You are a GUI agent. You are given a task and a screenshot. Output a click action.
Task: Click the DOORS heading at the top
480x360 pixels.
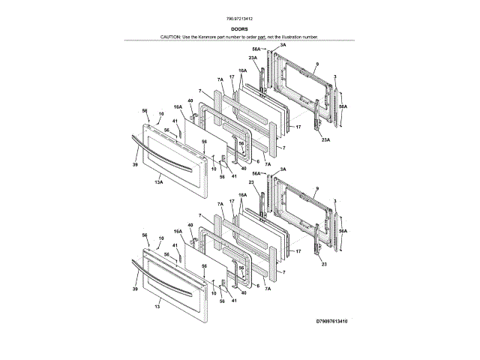240,29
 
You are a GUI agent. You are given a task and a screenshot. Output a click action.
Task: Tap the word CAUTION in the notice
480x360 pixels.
171,36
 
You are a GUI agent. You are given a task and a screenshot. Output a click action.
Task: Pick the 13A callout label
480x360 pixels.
159,181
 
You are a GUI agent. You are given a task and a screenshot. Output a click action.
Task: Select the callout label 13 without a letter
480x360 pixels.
157,307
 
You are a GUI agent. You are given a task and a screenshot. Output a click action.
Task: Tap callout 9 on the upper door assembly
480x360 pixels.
317,64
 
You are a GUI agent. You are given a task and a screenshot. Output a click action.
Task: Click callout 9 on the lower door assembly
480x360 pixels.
317,188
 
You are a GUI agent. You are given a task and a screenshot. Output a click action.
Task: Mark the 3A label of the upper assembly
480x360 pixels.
283,45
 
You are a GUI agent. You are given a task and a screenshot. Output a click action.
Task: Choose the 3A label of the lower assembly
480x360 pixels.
283,170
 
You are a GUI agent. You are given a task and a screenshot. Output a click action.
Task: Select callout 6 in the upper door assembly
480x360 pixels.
258,161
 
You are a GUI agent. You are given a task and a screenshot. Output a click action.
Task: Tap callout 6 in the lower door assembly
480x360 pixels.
258,286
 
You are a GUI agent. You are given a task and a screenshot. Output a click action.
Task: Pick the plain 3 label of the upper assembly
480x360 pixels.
334,76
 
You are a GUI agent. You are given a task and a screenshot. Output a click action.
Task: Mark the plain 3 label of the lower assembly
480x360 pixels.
334,202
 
